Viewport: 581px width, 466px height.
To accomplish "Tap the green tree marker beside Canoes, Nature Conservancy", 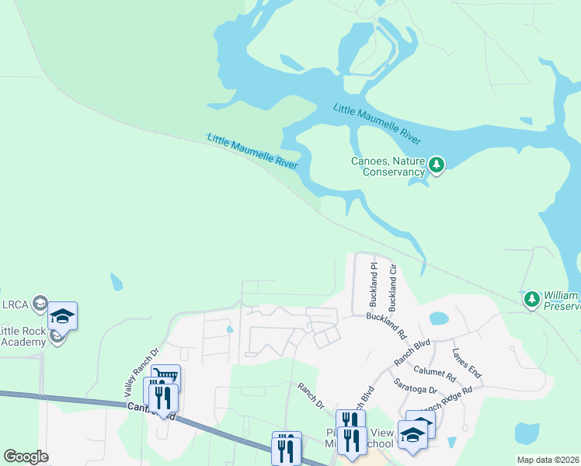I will pyautogui.click(x=437, y=165).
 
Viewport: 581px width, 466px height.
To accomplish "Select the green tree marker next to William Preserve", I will pyautogui.click(x=531, y=299).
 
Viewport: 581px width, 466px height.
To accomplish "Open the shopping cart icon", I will pyautogui.click(x=165, y=377).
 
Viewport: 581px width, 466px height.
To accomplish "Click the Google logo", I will pyautogui.click(x=26, y=457).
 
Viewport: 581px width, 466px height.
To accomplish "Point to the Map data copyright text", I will pyautogui.click(x=547, y=460).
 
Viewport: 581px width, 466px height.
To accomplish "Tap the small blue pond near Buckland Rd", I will pyautogui.click(x=439, y=318).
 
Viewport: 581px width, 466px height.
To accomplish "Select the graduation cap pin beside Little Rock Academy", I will pyautogui.click(x=62, y=315).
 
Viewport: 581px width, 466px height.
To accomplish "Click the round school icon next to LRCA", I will pyautogui.click(x=41, y=302).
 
